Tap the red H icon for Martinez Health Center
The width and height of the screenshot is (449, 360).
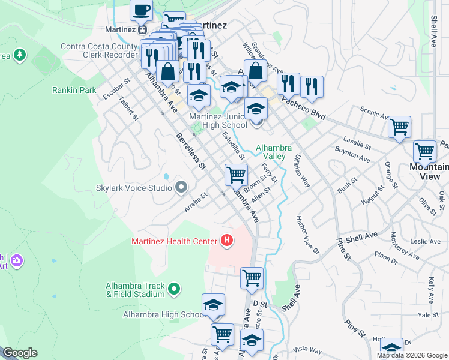[x=227, y=241]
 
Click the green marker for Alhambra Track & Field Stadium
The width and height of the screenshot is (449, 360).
[x=174, y=289]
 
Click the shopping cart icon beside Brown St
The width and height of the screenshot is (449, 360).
[x=236, y=175]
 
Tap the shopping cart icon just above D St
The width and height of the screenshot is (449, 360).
[x=252, y=278]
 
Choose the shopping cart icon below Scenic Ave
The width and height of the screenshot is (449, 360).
[x=399, y=127]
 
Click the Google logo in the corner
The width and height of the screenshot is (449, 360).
[x=20, y=353]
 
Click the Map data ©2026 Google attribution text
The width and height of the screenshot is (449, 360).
[x=412, y=355]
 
